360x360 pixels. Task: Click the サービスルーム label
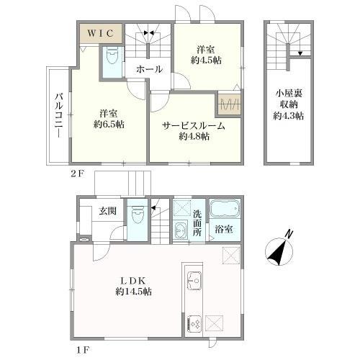(193, 125)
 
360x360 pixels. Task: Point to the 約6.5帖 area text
(107, 124)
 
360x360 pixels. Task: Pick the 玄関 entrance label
(107, 211)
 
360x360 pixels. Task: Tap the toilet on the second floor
(112, 58)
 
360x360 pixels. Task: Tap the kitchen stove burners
(194, 323)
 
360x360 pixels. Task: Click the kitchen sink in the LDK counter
(193, 278)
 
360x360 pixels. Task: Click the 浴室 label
(223, 233)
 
